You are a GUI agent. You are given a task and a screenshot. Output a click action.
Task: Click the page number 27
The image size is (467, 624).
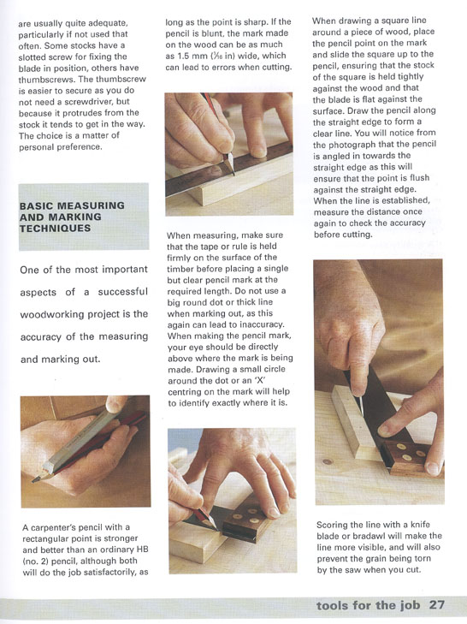point(437,605)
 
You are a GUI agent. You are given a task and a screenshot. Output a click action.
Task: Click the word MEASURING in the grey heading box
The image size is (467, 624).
point(92,205)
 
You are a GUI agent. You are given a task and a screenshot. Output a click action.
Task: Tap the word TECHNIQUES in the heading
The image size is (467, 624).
point(56,229)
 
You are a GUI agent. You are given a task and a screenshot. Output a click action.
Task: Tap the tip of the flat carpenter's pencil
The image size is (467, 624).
point(35,479)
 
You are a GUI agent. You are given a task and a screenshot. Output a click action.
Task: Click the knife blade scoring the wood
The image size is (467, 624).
point(362,406)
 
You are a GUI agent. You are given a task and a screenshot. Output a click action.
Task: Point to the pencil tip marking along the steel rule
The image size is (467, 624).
point(232,170)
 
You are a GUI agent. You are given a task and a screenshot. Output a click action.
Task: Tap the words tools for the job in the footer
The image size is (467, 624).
point(369,605)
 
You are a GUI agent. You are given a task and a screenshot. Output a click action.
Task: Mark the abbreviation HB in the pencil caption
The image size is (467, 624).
point(142,550)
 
